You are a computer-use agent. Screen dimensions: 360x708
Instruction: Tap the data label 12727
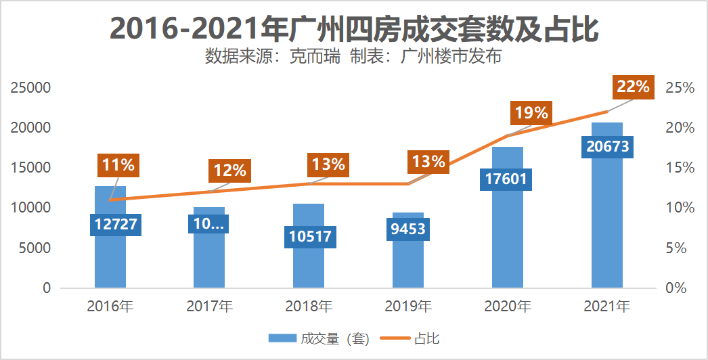pos(110,224)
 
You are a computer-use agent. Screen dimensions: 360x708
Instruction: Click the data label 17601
pos(507,179)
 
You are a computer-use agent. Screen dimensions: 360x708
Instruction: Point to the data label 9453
pos(407,229)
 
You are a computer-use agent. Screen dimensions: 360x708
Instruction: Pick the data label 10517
pos(309,237)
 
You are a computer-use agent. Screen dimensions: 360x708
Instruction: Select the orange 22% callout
pos(633,87)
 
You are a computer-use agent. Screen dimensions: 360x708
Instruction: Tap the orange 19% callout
pos(531,113)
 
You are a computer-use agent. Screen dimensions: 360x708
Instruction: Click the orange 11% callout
pos(118,164)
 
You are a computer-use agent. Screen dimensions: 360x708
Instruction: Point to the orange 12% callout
pos(229,171)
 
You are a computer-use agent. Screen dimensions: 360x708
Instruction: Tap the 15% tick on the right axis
pos(680,168)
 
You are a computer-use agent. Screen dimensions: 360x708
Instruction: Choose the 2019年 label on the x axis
pos(407,307)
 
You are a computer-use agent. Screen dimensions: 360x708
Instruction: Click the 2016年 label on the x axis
pos(110,307)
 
